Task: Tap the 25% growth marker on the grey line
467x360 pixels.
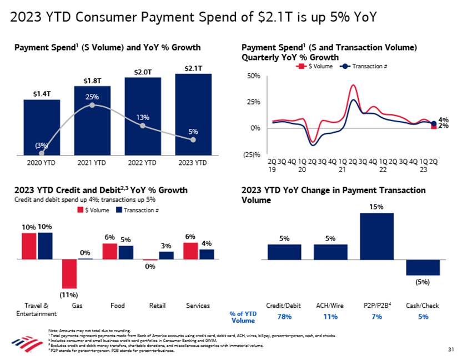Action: coord(92,105)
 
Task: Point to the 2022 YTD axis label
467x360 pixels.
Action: coord(142,163)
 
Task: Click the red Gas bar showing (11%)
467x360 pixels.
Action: coord(69,273)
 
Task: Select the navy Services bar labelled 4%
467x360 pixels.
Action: coord(207,254)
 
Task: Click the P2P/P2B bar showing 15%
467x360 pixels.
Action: coord(376,236)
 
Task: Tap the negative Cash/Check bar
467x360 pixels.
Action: coord(423,267)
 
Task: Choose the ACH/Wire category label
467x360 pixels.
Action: coord(330,306)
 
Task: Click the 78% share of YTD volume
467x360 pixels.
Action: coord(284,317)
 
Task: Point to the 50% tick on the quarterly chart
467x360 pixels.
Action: coord(253,76)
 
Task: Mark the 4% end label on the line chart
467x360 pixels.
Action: coord(443,119)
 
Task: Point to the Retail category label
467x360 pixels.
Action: coord(158,306)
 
